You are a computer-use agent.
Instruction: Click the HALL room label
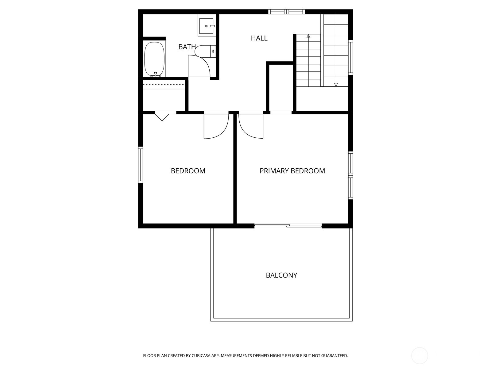259,38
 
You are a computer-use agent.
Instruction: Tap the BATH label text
187,47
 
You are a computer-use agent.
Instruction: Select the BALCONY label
281,275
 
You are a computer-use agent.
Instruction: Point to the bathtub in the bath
154,59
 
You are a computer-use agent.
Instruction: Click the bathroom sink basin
206,26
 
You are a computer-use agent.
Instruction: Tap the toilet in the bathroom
205,51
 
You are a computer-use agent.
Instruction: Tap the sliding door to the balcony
288,226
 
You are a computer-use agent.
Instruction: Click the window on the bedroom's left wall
141,165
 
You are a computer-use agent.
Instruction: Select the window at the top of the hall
287,12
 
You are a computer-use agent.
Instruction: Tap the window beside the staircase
351,57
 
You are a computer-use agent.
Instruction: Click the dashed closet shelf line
164,84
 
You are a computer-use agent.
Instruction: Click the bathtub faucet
156,75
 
